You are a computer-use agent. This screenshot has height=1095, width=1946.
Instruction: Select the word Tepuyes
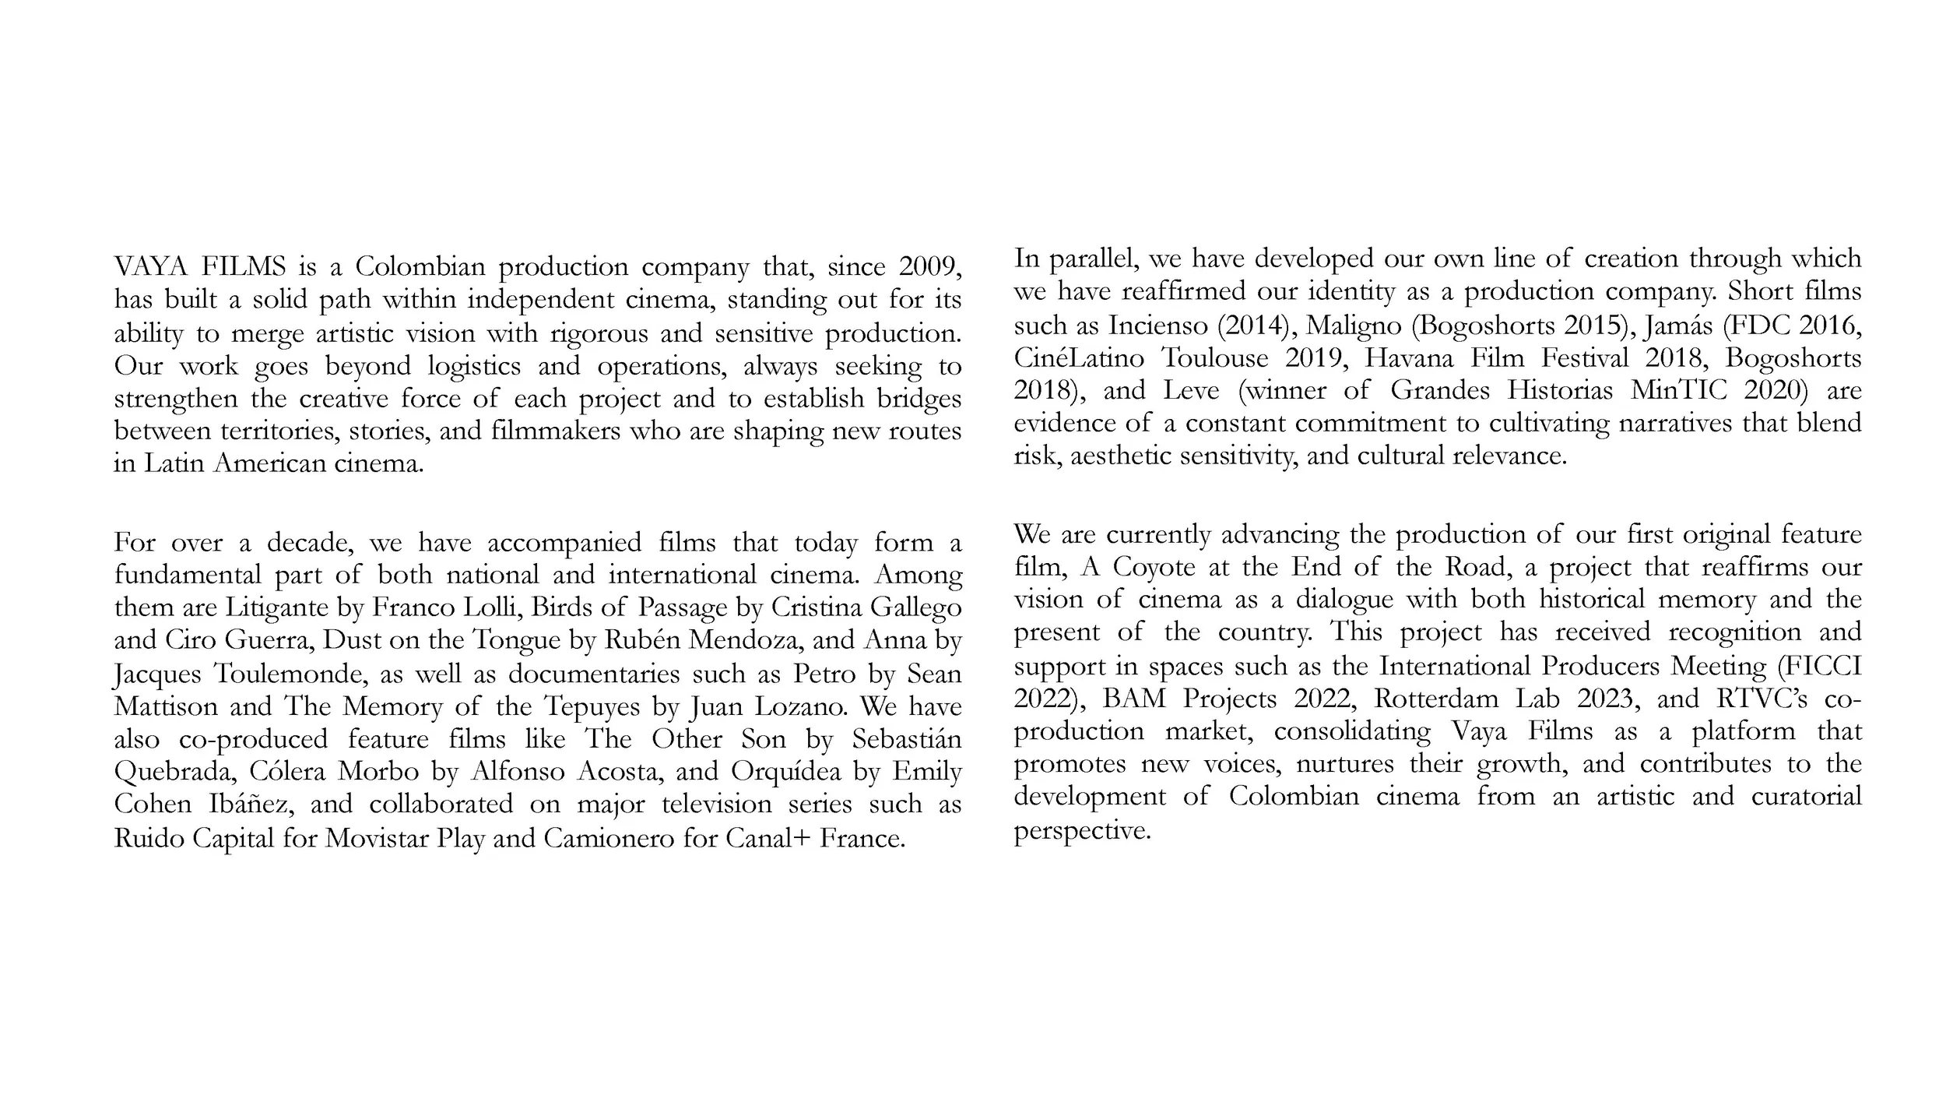coord(593,706)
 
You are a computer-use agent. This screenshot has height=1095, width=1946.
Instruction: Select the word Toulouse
coord(1214,357)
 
